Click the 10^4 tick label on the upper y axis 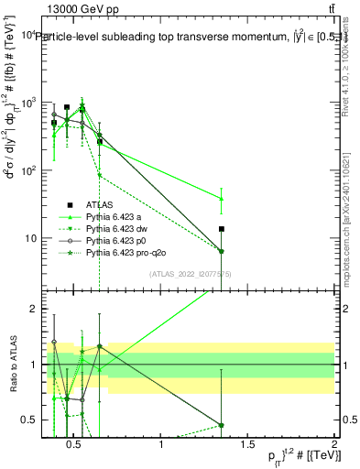point(27,35)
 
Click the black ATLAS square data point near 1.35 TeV point(222,229)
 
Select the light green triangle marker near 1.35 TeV point(222,199)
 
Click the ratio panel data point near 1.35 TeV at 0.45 point(222,425)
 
